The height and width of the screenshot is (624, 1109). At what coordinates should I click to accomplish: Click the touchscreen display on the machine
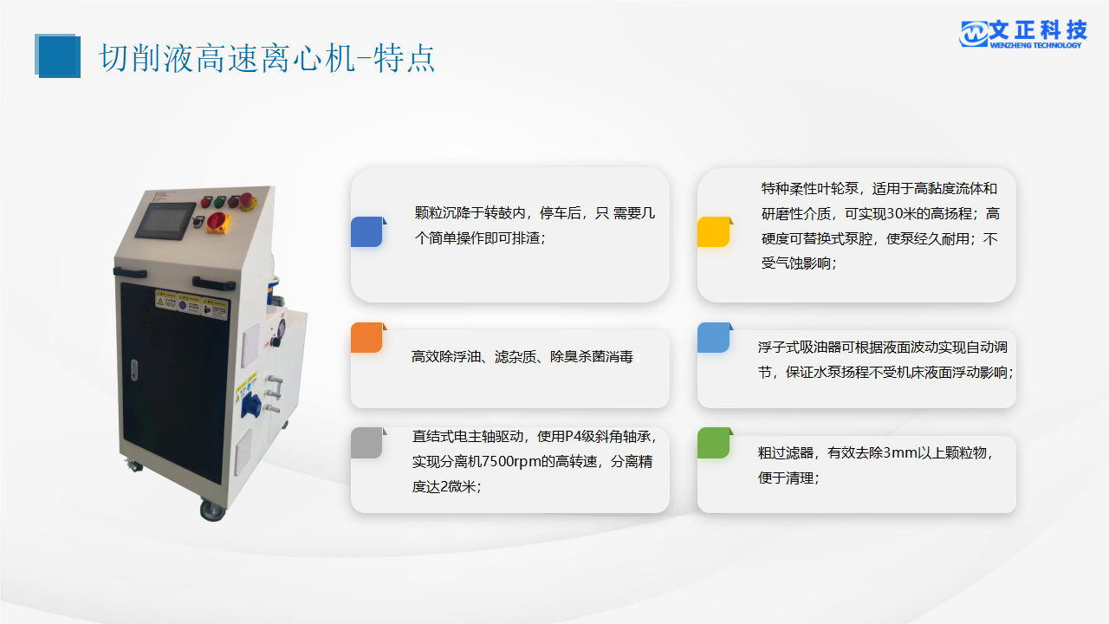point(165,220)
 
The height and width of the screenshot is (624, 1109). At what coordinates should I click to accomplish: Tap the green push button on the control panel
point(219,202)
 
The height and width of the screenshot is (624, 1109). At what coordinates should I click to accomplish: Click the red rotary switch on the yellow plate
point(217,222)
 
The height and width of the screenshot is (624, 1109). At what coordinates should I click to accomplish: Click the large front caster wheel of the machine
point(212,510)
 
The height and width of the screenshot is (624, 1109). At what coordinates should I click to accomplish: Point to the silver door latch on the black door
point(133,370)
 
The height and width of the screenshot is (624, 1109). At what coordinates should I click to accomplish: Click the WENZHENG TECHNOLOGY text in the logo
point(1035,45)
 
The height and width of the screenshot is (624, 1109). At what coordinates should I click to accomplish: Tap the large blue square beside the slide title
point(57,56)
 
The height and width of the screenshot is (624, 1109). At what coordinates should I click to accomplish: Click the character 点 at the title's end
point(420,58)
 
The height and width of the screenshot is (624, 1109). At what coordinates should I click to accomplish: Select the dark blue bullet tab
point(368,231)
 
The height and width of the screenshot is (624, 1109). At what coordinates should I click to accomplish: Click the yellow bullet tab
point(715,231)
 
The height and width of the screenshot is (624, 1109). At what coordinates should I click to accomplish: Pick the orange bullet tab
point(368,338)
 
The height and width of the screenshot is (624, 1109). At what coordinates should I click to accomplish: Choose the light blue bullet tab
point(715,338)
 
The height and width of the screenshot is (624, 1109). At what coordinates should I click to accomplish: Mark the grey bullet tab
point(368,443)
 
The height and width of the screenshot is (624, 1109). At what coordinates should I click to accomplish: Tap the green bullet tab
point(715,443)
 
